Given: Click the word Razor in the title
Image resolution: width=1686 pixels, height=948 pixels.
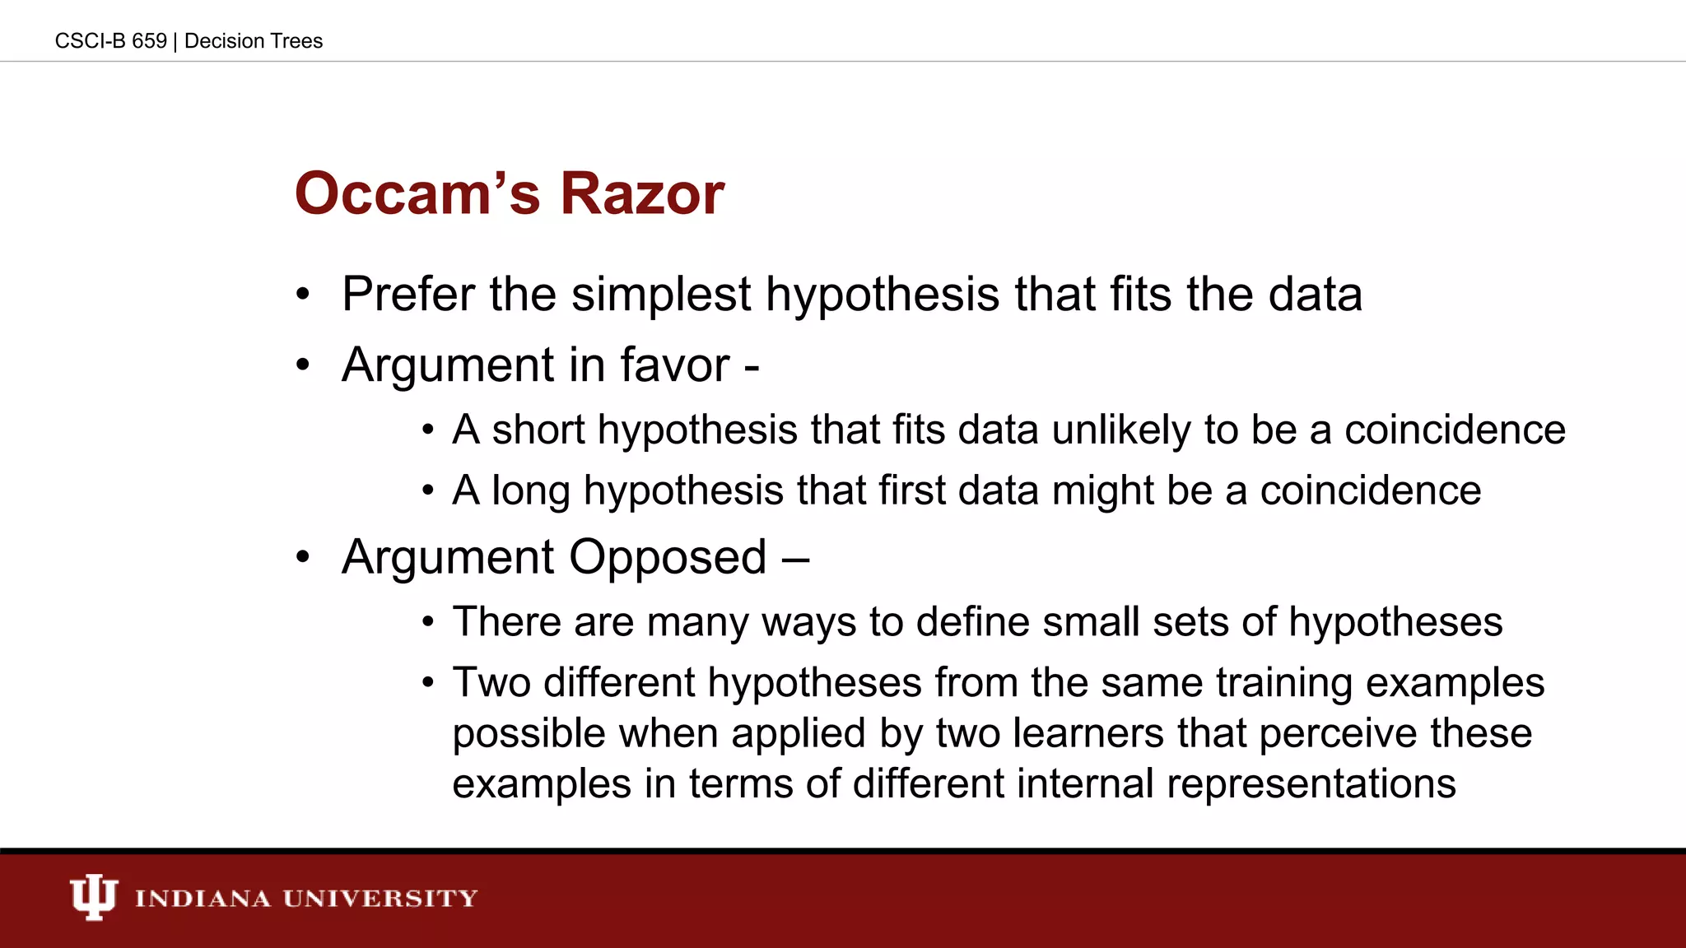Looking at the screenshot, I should [642, 194].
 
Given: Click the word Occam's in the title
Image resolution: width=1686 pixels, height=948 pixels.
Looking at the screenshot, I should [417, 194].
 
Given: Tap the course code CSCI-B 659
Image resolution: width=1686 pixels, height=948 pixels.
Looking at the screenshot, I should [110, 41].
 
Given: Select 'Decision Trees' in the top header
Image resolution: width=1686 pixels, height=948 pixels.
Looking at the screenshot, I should [254, 41].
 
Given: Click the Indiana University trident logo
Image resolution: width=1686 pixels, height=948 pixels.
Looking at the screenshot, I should [93, 897].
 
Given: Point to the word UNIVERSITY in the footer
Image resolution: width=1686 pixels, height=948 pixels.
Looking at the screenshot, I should [380, 898].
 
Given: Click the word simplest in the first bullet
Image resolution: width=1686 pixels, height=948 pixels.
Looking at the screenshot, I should [661, 295].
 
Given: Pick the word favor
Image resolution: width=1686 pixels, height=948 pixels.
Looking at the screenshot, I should [674, 365].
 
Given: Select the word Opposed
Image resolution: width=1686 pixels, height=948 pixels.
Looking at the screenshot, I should [668, 558].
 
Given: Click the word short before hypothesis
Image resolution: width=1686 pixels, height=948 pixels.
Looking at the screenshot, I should [538, 430].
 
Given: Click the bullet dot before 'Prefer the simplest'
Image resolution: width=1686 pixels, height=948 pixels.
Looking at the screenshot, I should [303, 295].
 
